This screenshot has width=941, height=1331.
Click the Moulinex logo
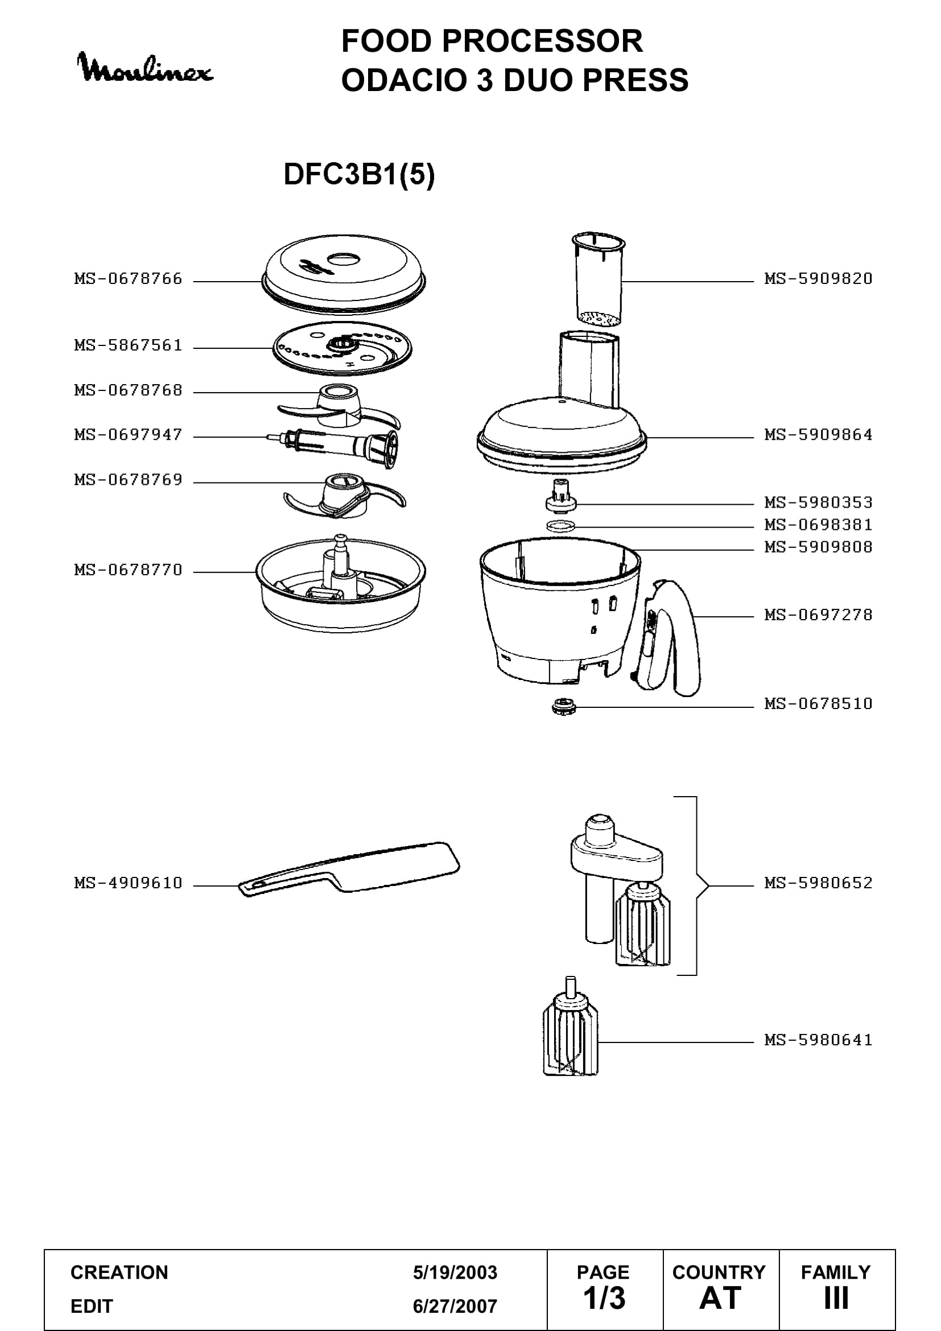pyautogui.click(x=145, y=68)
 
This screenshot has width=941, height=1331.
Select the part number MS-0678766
pyautogui.click(x=128, y=279)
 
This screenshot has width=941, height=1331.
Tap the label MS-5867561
pyautogui.click(x=128, y=345)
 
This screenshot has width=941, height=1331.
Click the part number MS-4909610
pyautogui.click(x=128, y=883)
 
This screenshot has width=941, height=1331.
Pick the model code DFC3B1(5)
pyautogui.click(x=358, y=174)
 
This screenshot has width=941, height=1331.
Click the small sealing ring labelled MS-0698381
pyautogui.click(x=561, y=526)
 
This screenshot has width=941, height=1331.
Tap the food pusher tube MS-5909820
pyautogui.click(x=599, y=278)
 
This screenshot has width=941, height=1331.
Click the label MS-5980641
pyautogui.click(x=818, y=1040)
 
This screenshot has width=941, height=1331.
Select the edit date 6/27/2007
pyautogui.click(x=455, y=1306)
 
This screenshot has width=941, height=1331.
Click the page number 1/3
pyautogui.click(x=604, y=1298)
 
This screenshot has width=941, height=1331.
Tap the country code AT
pyautogui.click(x=720, y=1298)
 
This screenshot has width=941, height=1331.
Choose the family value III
pyautogui.click(x=836, y=1298)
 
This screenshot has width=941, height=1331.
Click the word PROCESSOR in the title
pyautogui.click(x=542, y=41)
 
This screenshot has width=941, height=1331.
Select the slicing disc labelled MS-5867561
pyautogui.click(x=342, y=349)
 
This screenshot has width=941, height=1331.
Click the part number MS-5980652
pyautogui.click(x=818, y=883)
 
